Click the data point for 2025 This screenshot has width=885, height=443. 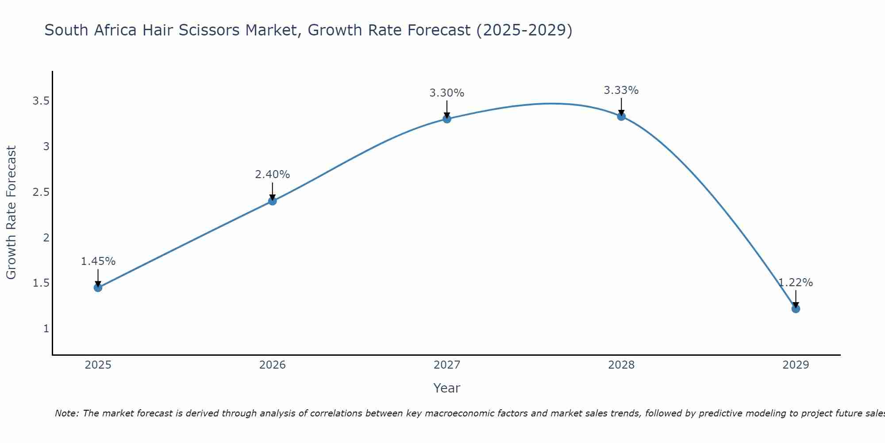tap(98, 288)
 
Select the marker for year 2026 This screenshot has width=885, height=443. tap(272, 201)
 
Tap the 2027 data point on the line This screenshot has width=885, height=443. tap(447, 119)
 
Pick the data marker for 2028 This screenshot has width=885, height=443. tap(621, 117)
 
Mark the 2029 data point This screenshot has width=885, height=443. tap(796, 309)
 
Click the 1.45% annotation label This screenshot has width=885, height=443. tap(98, 261)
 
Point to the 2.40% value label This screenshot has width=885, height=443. tap(272, 175)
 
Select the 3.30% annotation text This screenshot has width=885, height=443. tap(447, 93)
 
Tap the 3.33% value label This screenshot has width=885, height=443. tap(621, 90)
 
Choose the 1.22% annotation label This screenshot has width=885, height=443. tap(796, 283)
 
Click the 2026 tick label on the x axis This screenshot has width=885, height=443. tap(272, 365)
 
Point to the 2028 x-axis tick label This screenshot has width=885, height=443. tap(621, 365)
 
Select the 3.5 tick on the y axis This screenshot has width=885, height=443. tap(41, 101)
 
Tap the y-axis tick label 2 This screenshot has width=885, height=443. tap(46, 237)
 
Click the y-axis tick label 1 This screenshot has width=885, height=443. tap(46, 329)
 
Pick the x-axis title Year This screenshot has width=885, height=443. tap(447, 388)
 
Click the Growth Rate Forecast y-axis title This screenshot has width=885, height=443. tap(11, 213)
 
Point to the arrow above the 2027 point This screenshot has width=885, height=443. tap(447, 109)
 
